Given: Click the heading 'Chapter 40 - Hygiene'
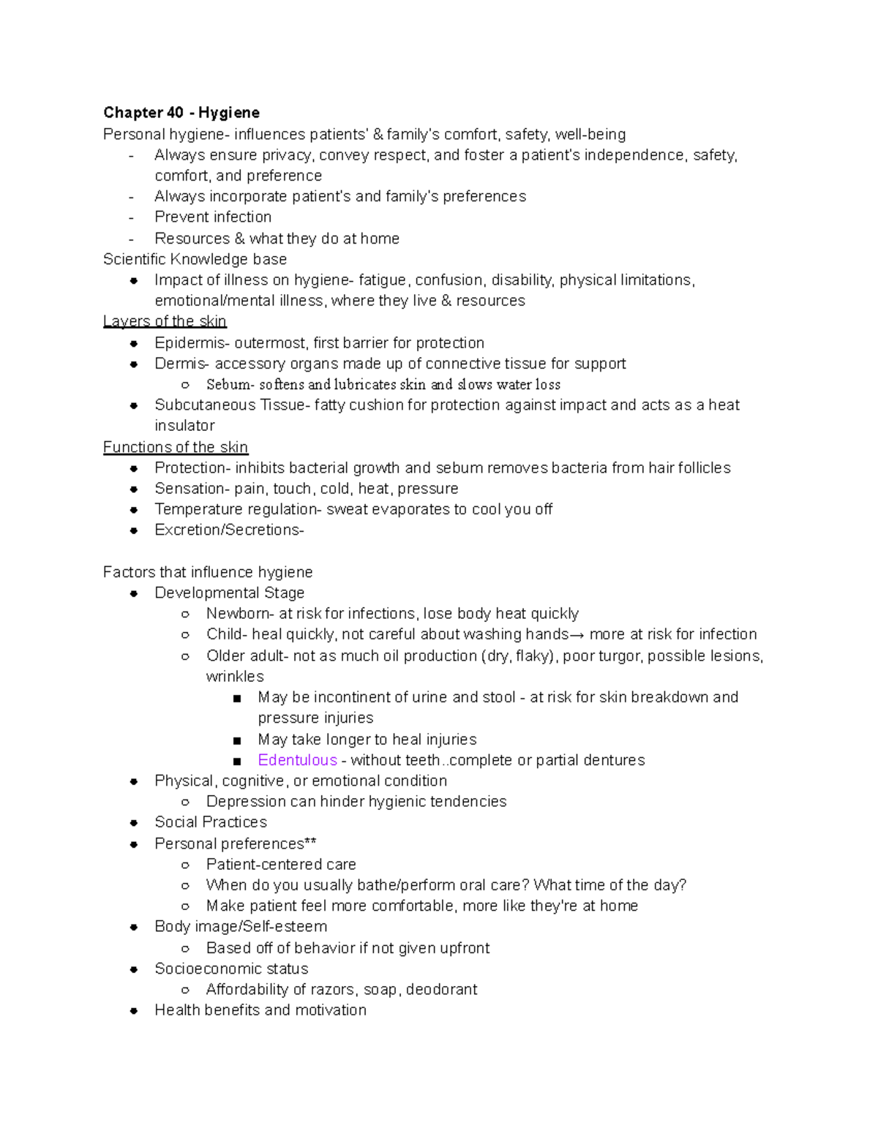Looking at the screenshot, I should pos(181,113).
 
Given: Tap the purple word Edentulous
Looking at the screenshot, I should pos(297,760).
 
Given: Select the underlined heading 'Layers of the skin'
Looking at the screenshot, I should pos(165,321).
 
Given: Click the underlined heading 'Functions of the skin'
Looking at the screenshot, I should pos(175,447).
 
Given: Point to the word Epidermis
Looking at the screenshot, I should pos(181,343).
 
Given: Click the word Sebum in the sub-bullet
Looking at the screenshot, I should pos(228,385).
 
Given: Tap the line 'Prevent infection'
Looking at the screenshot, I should pos(213,217).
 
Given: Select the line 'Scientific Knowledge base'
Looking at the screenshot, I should pos(195,260).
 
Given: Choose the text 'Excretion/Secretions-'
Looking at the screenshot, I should pos(229,530).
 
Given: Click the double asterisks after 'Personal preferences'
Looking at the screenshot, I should pos(310,843).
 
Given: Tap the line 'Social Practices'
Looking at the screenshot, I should pos(211,822).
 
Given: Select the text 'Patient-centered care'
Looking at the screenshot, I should pos(281,865).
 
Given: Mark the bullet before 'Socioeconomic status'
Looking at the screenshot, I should pos(134,969).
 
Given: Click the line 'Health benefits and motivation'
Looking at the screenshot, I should pos(260,1010).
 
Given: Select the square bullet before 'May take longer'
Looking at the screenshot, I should pos(237,740).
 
